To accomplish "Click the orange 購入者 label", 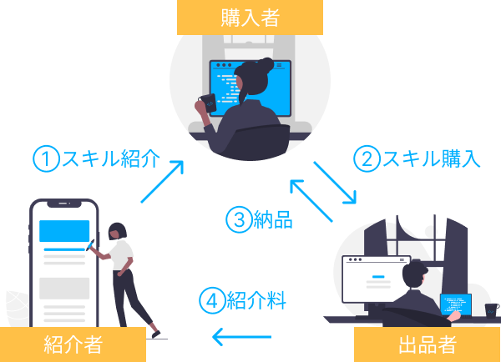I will pyautogui.click(x=249, y=18).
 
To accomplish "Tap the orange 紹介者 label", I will pyautogui.click(x=73, y=344).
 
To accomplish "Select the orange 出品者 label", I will pyautogui.click(x=427, y=344).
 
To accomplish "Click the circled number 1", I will pyautogui.click(x=45, y=158).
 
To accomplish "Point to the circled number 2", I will pyautogui.click(x=365, y=158).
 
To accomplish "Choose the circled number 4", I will pyautogui.click(x=212, y=299).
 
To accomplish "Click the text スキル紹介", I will pyautogui.click(x=109, y=158).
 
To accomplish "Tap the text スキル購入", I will pyautogui.click(x=430, y=158).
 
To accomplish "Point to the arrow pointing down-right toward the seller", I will pyautogui.click(x=337, y=182).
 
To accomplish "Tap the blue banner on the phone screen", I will pyautogui.click(x=63, y=229).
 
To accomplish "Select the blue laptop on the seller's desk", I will pyautogui.click(x=455, y=305).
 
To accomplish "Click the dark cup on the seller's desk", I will pyautogui.click(x=491, y=309).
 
